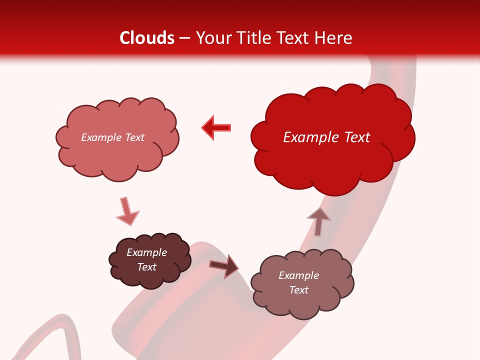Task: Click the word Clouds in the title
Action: tap(147, 38)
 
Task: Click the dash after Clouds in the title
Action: tap(184, 38)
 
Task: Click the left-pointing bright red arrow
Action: tap(216, 127)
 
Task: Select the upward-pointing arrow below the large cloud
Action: tap(318, 220)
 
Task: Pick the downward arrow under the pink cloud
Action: tap(126, 211)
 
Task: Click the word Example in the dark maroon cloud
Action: tap(146, 252)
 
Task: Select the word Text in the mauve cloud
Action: tap(298, 290)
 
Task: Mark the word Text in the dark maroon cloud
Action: tap(146, 267)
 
